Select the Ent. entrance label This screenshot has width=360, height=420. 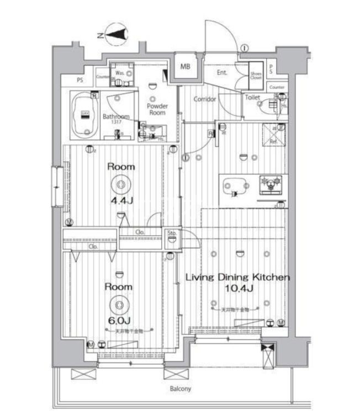click(222, 72)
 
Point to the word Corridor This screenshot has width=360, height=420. click(204, 99)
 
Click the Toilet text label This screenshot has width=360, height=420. click(253, 98)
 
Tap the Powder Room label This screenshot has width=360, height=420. click(157, 109)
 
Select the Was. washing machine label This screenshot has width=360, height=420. click(119, 72)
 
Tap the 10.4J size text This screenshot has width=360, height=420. click(237, 289)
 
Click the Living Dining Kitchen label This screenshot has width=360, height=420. click(237, 277)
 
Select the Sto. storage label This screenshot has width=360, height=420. click(172, 234)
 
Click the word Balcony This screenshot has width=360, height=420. click(180, 389)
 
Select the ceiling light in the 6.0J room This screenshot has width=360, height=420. click(119, 305)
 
